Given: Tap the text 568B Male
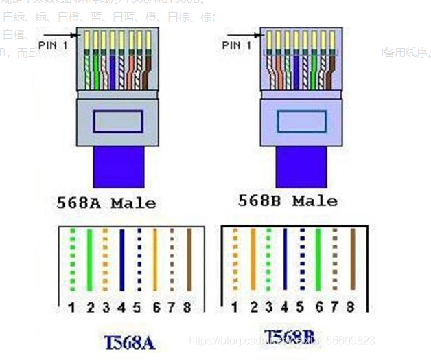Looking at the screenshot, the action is (x=288, y=201).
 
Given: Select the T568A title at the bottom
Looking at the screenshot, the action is (x=130, y=341).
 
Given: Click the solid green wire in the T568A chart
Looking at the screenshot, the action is (x=89, y=262).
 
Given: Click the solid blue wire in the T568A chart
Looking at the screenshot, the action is (x=121, y=262).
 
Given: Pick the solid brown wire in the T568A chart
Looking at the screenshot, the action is (x=188, y=262).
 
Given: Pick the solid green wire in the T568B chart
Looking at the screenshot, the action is (x=318, y=261).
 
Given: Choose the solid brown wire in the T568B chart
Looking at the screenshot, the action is (x=353, y=261).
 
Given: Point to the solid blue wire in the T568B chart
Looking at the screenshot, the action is (x=284, y=261).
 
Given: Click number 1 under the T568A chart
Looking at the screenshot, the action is (x=71, y=307).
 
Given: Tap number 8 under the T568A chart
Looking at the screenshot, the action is (x=187, y=307).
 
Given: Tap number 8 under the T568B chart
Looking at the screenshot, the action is (x=351, y=306).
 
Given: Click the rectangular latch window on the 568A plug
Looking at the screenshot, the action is (x=118, y=122).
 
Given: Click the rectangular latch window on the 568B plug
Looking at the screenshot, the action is (x=301, y=122).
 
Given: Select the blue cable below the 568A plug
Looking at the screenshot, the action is (x=117, y=168).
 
